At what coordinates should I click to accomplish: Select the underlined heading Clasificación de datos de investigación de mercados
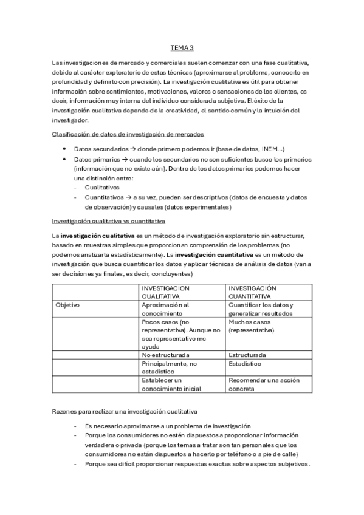(x=128, y=134)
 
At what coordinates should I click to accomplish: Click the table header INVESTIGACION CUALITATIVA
(x=165, y=292)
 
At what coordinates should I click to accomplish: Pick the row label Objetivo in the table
(x=67, y=305)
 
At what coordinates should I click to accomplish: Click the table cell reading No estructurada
(x=165, y=354)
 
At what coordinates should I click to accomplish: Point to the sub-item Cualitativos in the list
(x=101, y=188)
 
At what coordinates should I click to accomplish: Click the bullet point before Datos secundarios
(x=64, y=149)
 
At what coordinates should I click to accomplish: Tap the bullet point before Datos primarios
(x=64, y=159)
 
